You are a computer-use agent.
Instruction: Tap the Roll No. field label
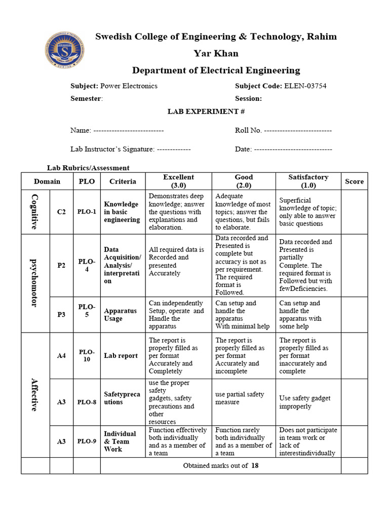pyautogui.click(x=248, y=130)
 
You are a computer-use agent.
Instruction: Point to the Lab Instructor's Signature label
pyautogui.click(x=112, y=149)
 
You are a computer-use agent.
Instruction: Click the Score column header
pyautogui.click(x=354, y=181)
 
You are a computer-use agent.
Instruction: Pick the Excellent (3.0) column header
pyautogui.click(x=178, y=181)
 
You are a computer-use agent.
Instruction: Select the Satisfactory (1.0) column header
pyautogui.click(x=308, y=181)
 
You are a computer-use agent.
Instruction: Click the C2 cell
pyautogui.click(x=61, y=212)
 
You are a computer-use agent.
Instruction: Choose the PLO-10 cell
pyautogui.click(x=87, y=355)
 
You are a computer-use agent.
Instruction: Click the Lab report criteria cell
pyautogui.click(x=121, y=356)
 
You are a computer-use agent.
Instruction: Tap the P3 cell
pyautogui.click(x=61, y=315)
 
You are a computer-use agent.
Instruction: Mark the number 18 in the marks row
pyautogui.click(x=255, y=465)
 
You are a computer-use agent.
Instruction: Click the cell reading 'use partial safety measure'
pyautogui.click(x=240, y=398)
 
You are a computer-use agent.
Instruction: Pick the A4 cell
pyautogui.click(x=61, y=356)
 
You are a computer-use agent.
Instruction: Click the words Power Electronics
pyautogui.click(x=129, y=86)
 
